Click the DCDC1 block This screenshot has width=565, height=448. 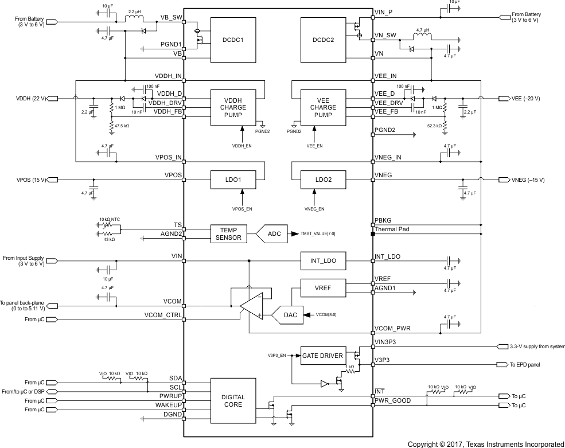233,40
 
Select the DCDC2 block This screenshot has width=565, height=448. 324,40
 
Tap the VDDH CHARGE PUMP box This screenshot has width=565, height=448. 233,107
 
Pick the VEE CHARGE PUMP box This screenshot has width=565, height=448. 324,107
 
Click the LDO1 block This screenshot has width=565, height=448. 233,180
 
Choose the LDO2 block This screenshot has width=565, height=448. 324,180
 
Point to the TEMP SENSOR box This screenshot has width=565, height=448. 228,233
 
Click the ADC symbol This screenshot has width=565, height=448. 274,233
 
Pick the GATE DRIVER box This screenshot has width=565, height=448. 324,356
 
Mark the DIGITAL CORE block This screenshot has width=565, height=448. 233,401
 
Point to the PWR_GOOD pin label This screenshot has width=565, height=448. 393,400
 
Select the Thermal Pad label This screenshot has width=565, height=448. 392,229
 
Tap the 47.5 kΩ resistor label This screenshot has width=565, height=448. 122,124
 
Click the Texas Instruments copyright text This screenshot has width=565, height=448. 485,443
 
